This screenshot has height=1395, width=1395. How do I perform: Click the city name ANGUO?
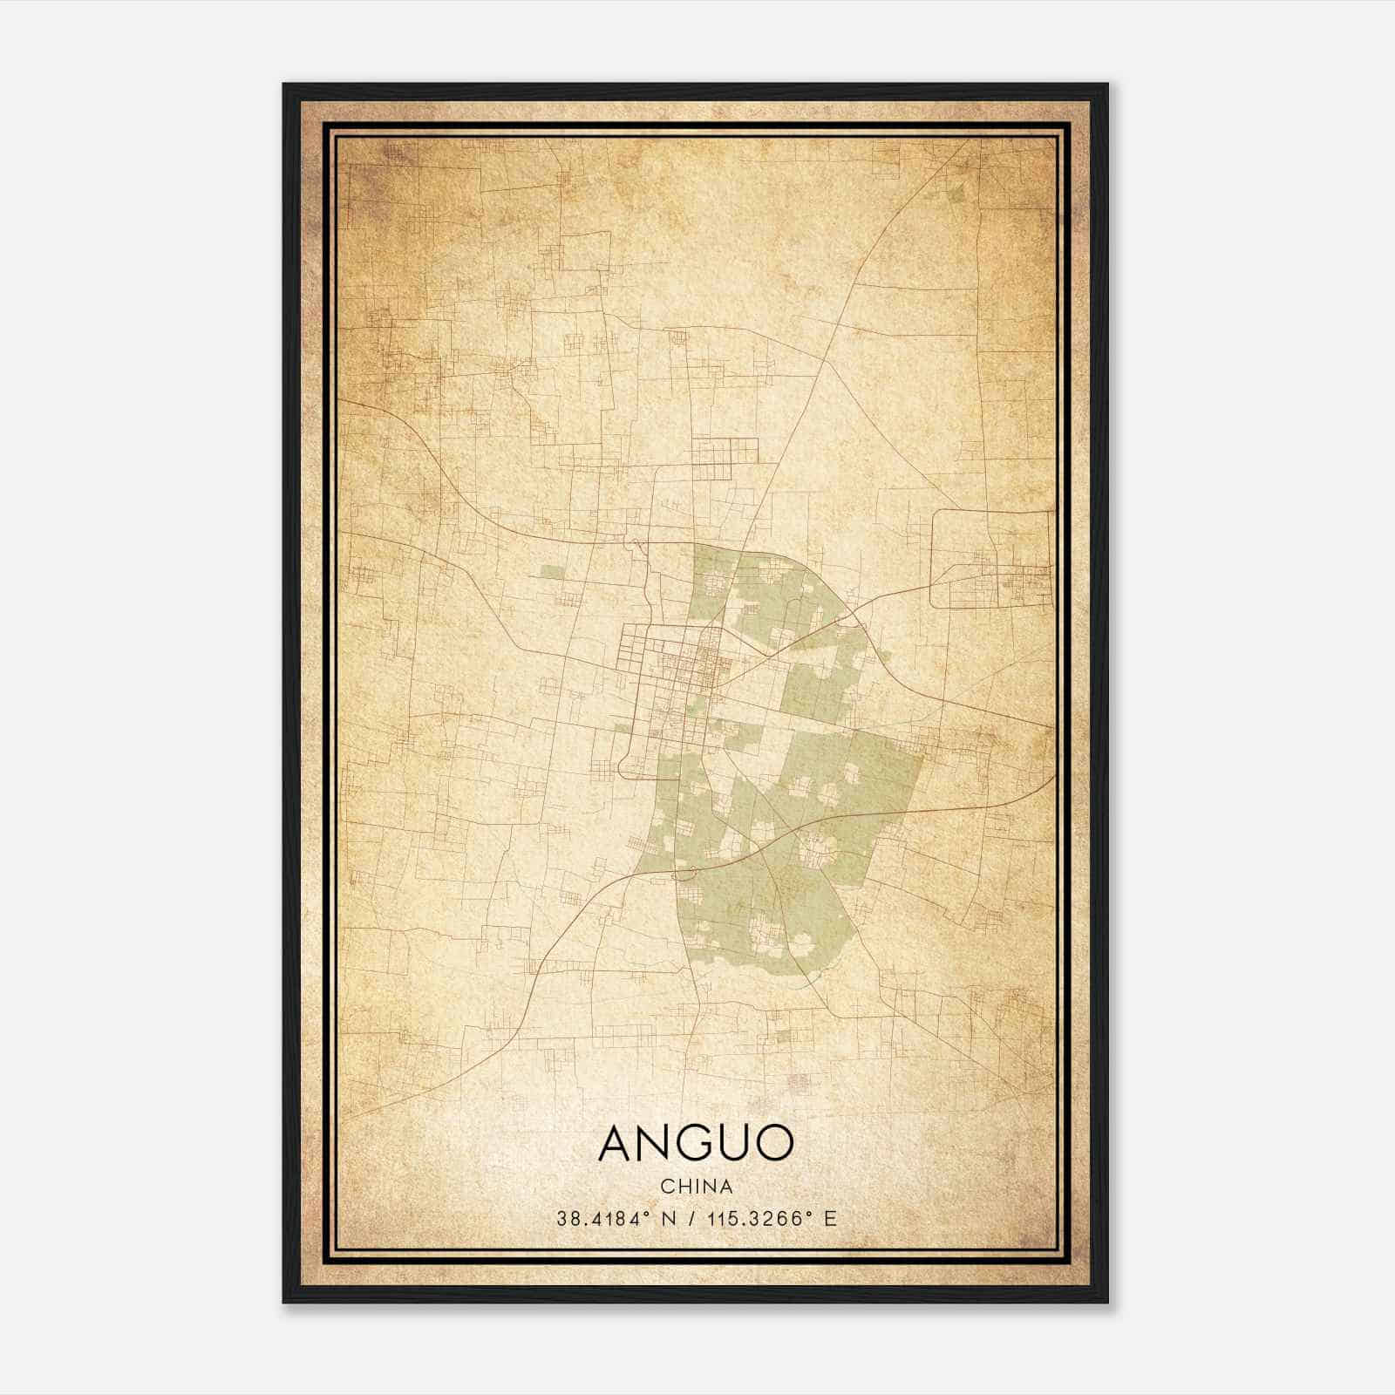(696, 1143)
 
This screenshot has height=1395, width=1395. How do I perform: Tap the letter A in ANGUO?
(617, 1144)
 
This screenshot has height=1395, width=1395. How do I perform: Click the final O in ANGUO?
(775, 1144)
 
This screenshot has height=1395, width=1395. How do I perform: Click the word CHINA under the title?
(696, 1187)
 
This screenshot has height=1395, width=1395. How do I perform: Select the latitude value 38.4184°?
(604, 1218)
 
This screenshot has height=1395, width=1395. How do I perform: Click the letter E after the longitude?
(830, 1218)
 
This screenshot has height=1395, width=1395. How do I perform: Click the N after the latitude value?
(669, 1218)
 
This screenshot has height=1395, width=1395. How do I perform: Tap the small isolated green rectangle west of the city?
(551, 573)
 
